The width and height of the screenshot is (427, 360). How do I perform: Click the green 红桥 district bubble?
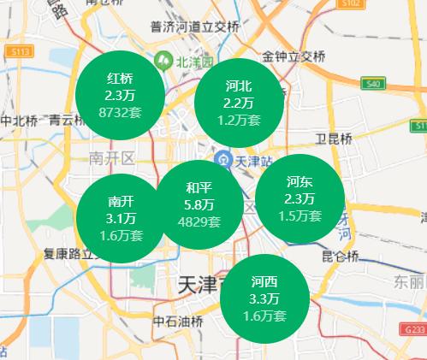[120, 95]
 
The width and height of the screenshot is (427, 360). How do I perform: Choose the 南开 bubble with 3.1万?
[121, 217]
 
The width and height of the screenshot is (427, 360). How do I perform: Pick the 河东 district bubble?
[299, 198]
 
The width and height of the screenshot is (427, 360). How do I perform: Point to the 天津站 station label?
[253, 160]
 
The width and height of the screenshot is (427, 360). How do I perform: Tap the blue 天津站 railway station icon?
[222, 159]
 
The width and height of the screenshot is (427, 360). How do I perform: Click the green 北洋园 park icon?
[162, 62]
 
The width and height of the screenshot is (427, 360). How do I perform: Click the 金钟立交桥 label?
[294, 57]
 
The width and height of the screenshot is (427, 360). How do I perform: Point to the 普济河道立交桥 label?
[193, 27]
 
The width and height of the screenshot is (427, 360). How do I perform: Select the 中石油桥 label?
[178, 322]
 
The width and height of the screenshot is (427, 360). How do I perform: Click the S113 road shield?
[21, 52]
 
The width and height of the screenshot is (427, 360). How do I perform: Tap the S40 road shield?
[371, 84]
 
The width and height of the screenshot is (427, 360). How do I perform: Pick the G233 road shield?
[413, 329]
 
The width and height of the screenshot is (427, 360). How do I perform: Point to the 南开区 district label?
[113, 158]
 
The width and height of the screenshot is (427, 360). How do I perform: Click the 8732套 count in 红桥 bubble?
[120, 111]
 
